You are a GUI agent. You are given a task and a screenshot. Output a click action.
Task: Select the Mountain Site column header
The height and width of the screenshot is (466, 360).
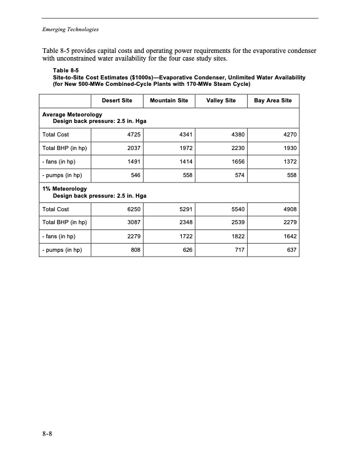click(x=169, y=101)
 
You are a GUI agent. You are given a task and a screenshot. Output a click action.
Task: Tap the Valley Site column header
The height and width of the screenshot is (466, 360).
click(x=221, y=101)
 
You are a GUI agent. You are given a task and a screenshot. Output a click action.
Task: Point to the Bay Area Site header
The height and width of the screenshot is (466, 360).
click(x=272, y=101)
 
